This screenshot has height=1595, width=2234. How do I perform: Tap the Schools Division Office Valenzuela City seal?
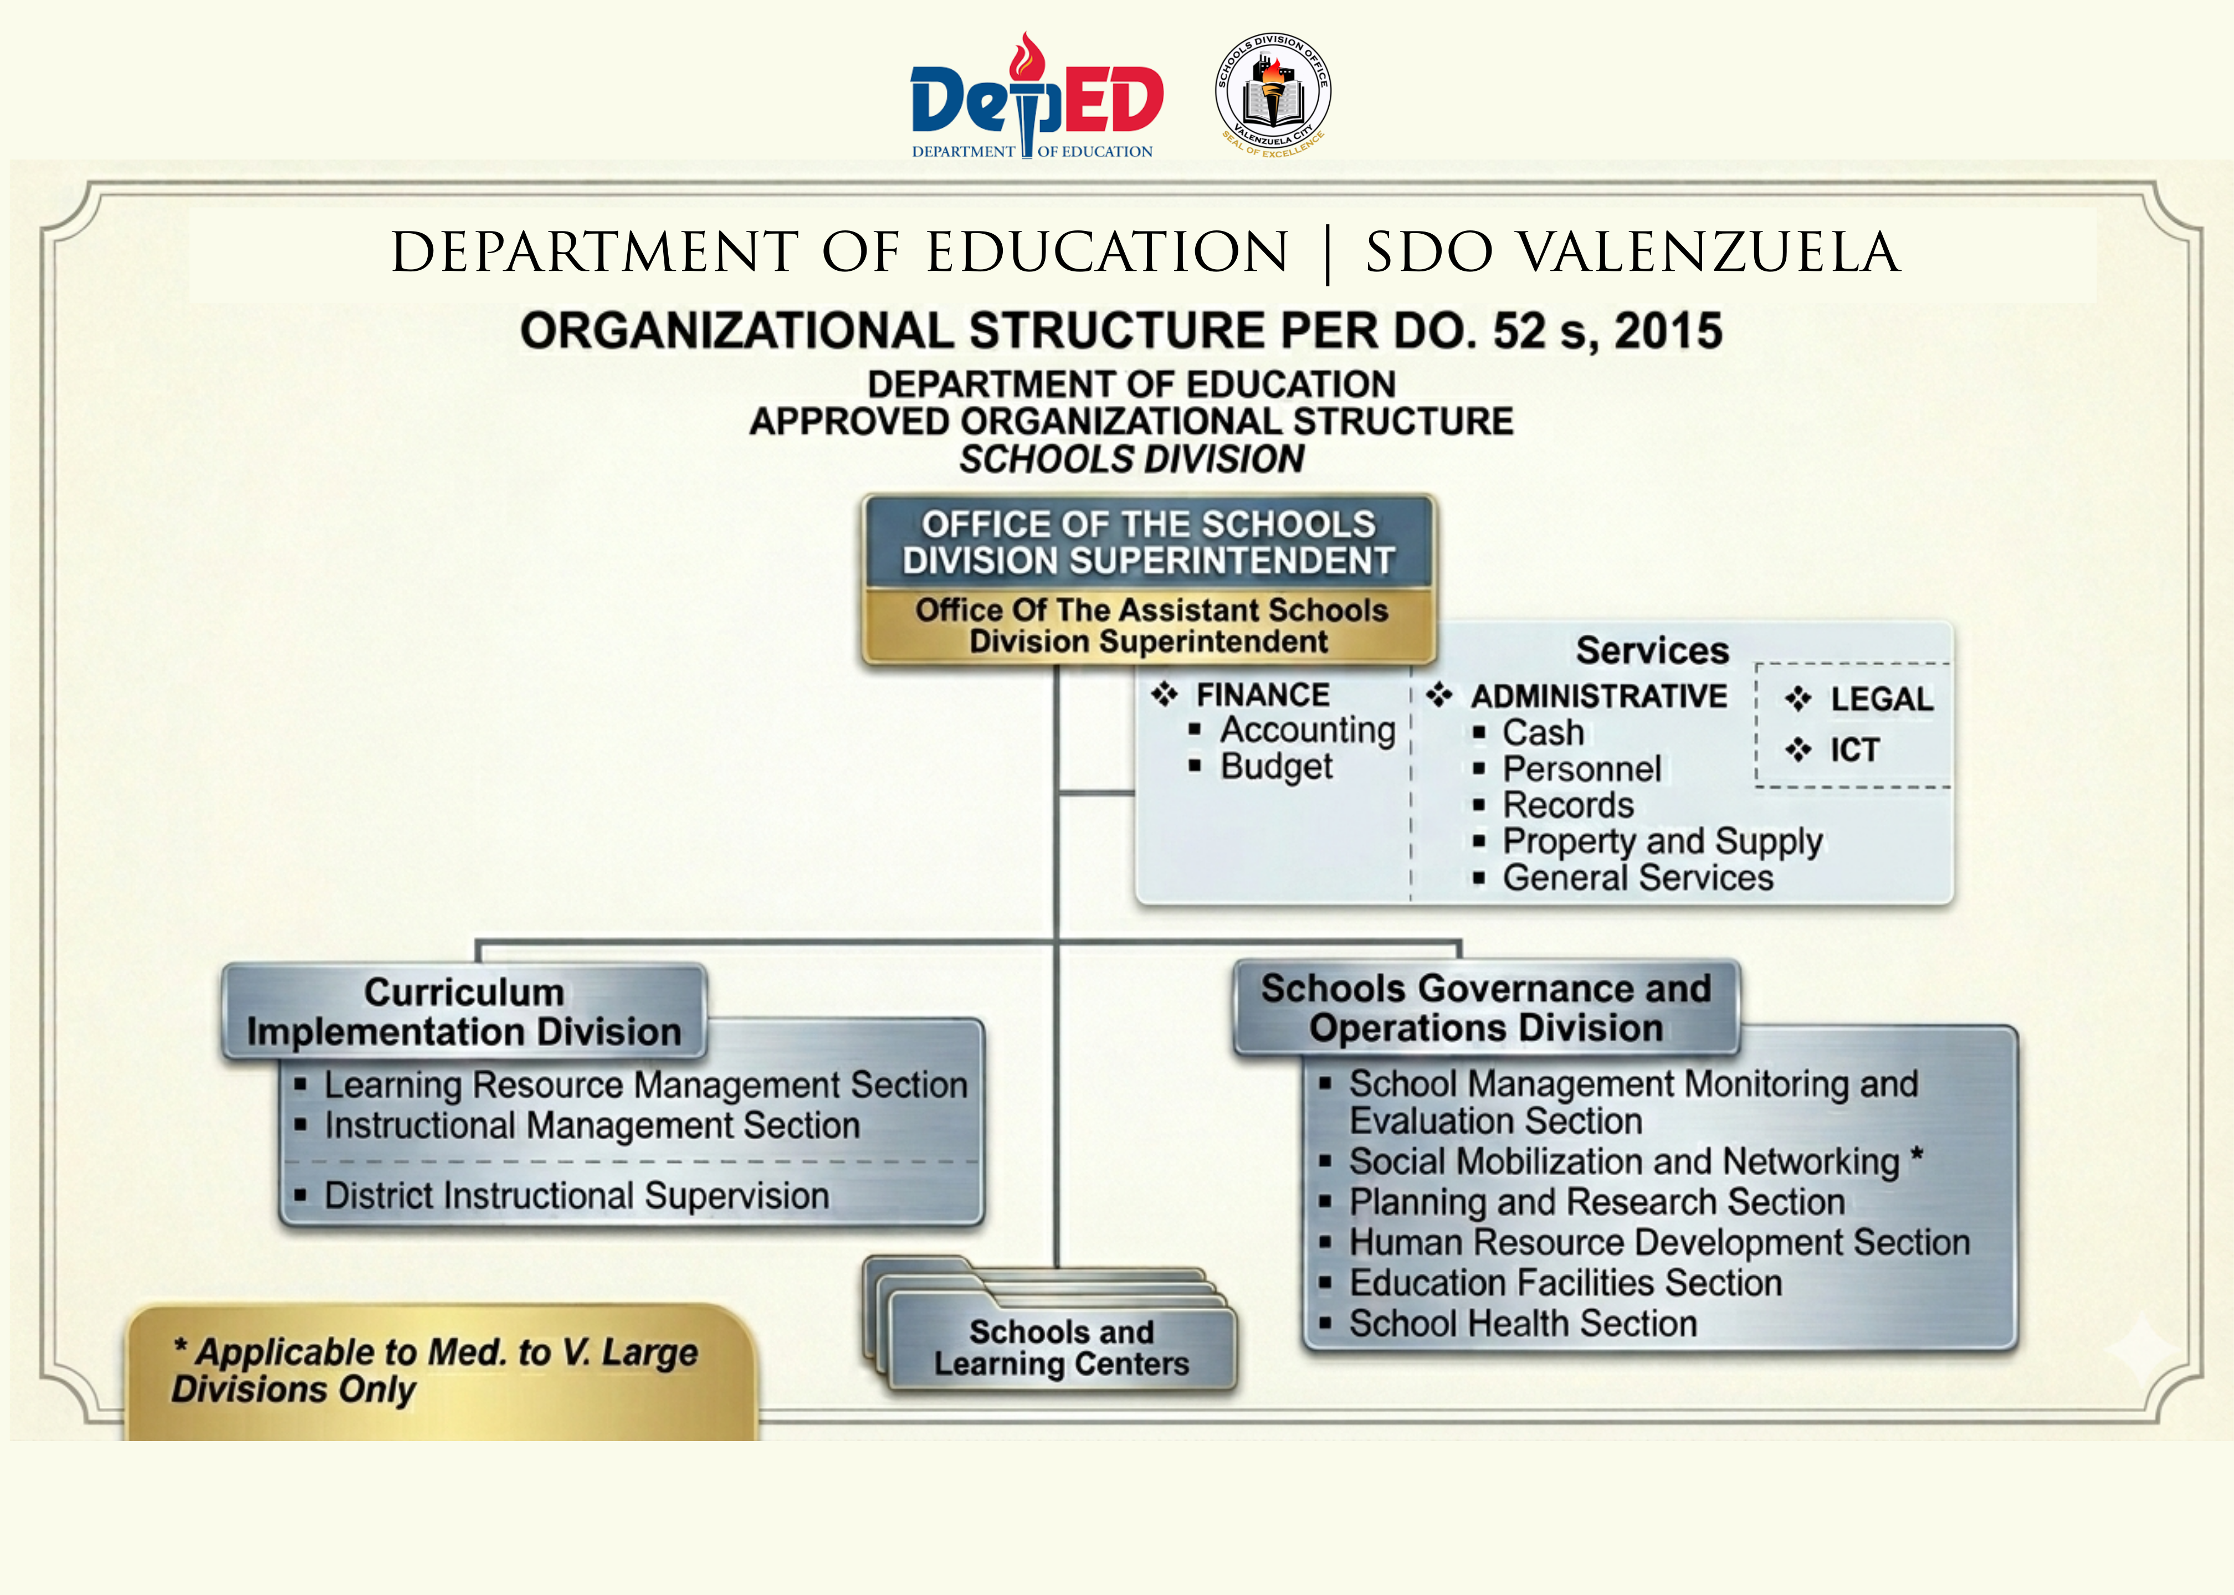pos(1273,95)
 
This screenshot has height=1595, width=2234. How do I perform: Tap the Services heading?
pos(1652,650)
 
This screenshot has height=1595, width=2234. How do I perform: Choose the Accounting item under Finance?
pos(1306,730)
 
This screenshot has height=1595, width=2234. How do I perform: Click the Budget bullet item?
pos(1275,766)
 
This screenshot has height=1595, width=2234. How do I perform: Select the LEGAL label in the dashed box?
pos(1881,699)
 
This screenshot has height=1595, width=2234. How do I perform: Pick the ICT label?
pos(1854,750)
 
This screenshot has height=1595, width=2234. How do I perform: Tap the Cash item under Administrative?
pos(1543,733)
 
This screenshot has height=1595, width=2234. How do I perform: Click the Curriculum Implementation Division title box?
pos(464,1012)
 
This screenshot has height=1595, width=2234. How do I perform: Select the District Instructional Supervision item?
pos(577,1196)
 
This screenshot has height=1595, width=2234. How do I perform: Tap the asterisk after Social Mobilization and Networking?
pos(1916,1156)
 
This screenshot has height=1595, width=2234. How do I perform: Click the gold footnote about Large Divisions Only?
pos(437,1371)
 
